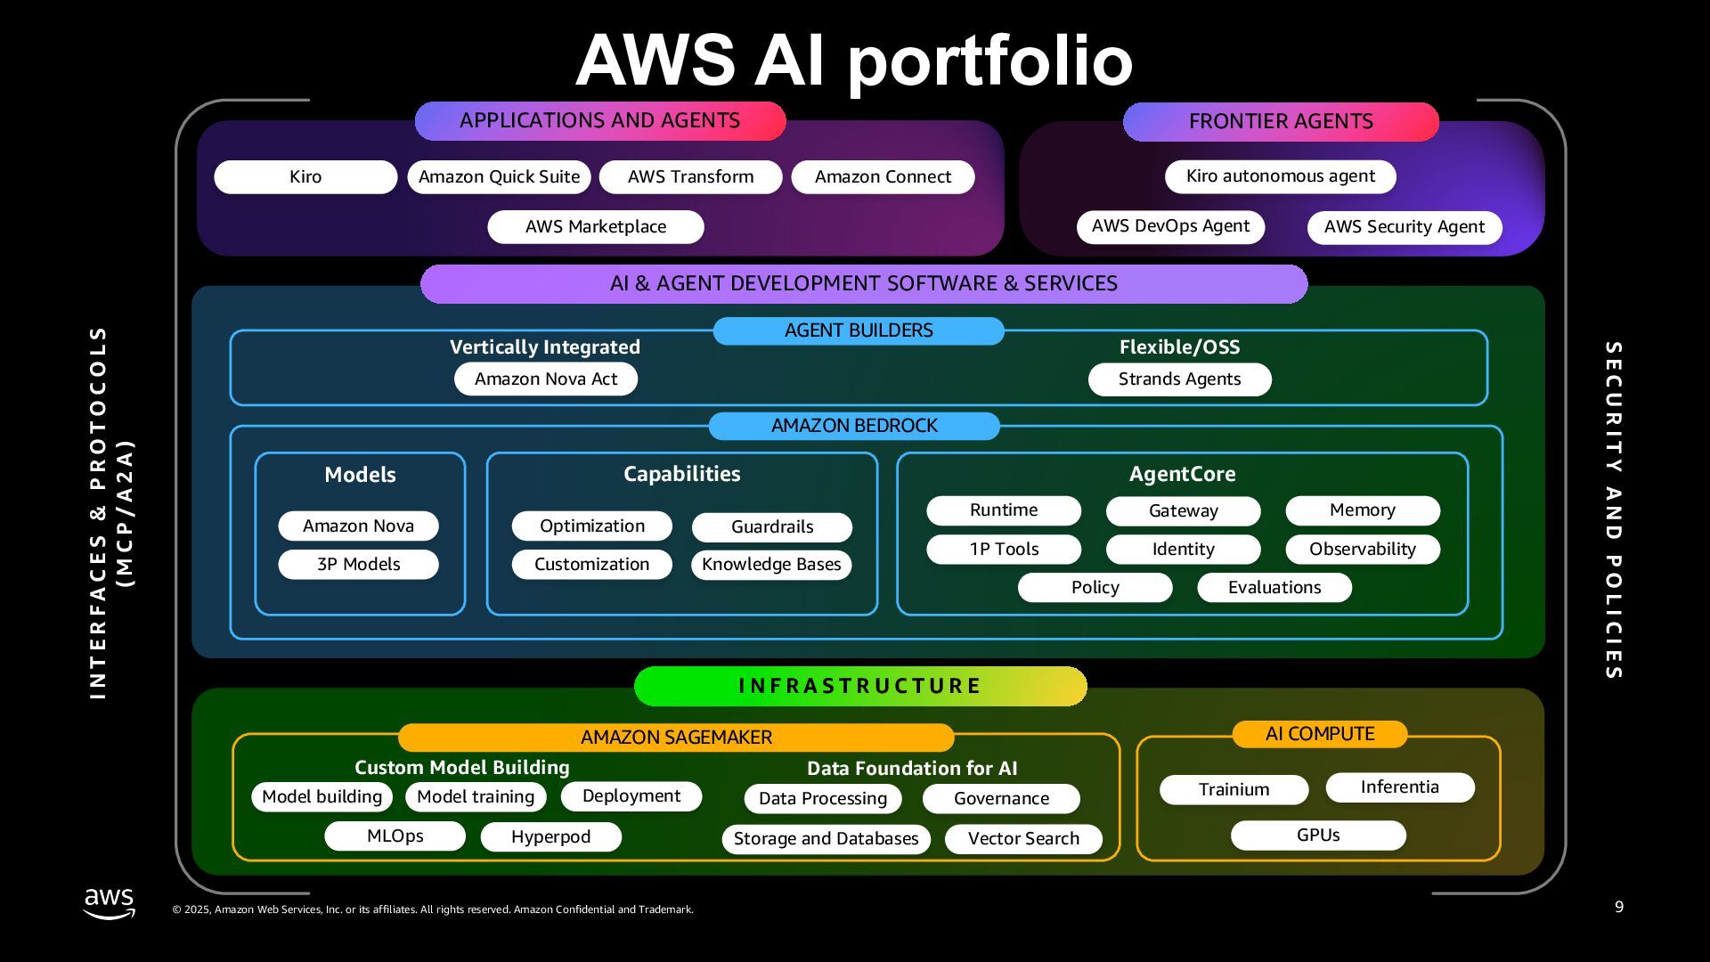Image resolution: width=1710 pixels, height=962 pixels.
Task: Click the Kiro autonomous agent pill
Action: point(1280,176)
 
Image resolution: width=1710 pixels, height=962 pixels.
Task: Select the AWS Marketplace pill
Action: point(595,227)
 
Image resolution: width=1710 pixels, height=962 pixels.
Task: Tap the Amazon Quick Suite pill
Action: point(499,177)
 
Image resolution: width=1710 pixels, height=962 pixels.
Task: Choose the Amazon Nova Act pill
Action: point(545,379)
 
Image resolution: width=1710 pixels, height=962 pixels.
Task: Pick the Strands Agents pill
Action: point(1179,379)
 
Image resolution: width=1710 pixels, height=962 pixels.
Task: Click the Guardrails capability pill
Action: point(771,527)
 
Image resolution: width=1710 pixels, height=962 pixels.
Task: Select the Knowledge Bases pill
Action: point(771,565)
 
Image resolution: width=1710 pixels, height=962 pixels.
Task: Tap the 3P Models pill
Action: point(358,565)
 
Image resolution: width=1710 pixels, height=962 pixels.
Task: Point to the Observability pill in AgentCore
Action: point(1362,550)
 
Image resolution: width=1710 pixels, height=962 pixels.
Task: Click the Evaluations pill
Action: point(1274,588)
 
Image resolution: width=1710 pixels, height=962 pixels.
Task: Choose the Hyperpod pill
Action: point(550,837)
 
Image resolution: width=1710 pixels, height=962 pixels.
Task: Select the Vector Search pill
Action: point(1023,839)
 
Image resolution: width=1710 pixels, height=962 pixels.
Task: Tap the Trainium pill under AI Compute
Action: point(1234,790)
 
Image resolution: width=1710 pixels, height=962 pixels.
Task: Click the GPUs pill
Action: point(1318,836)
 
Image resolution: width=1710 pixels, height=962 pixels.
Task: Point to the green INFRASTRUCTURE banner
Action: point(860,686)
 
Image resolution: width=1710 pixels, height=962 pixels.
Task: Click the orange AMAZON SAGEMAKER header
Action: point(676,738)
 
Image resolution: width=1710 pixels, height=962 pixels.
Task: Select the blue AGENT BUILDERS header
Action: point(859,330)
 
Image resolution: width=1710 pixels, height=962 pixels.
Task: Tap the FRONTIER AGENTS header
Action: point(1281,121)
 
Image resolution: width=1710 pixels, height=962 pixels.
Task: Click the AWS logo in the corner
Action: point(110,903)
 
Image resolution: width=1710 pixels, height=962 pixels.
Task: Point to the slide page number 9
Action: point(1619,907)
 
